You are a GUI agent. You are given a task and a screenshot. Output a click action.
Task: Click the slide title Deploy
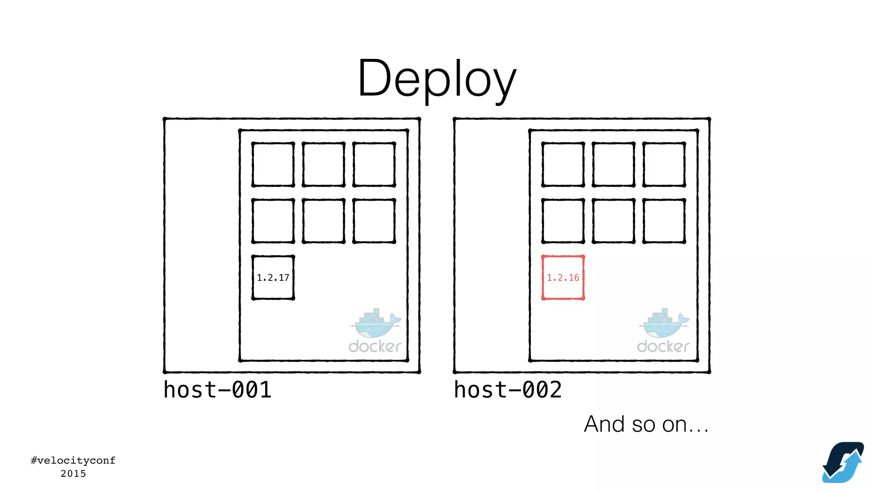pyautogui.click(x=437, y=79)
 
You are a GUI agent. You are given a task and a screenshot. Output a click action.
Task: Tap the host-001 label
pyautogui.click(x=217, y=390)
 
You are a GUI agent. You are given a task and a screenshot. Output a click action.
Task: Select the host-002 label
pyautogui.click(x=507, y=390)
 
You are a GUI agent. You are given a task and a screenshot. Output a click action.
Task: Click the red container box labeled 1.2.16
pyautogui.click(x=563, y=277)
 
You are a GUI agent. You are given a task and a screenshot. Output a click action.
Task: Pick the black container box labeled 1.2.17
pyautogui.click(x=273, y=277)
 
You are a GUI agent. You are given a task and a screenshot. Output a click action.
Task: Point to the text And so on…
pyautogui.click(x=646, y=424)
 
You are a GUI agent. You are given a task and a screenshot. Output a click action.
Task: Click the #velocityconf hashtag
pyautogui.click(x=73, y=460)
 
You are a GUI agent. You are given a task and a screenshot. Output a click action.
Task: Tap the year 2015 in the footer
pyautogui.click(x=73, y=474)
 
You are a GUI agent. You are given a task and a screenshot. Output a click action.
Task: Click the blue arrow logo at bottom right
pyautogui.click(x=843, y=462)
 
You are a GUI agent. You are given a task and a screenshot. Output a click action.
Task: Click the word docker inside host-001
pyautogui.click(x=375, y=346)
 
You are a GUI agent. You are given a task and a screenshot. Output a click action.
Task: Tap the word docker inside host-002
pyautogui.click(x=663, y=346)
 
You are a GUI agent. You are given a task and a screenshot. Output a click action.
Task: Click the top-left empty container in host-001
pyautogui.click(x=273, y=165)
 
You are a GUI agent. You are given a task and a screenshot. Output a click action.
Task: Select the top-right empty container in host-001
pyautogui.click(x=374, y=165)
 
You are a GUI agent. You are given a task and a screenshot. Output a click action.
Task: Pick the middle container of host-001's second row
pyautogui.click(x=323, y=221)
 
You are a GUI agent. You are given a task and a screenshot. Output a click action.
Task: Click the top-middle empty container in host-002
pyautogui.click(x=613, y=165)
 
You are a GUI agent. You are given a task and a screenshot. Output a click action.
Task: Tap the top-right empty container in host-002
pyautogui.click(x=664, y=165)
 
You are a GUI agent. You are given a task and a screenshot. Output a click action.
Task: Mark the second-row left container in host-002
pyautogui.click(x=563, y=221)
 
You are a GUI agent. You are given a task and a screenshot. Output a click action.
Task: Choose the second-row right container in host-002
pyautogui.click(x=664, y=221)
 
